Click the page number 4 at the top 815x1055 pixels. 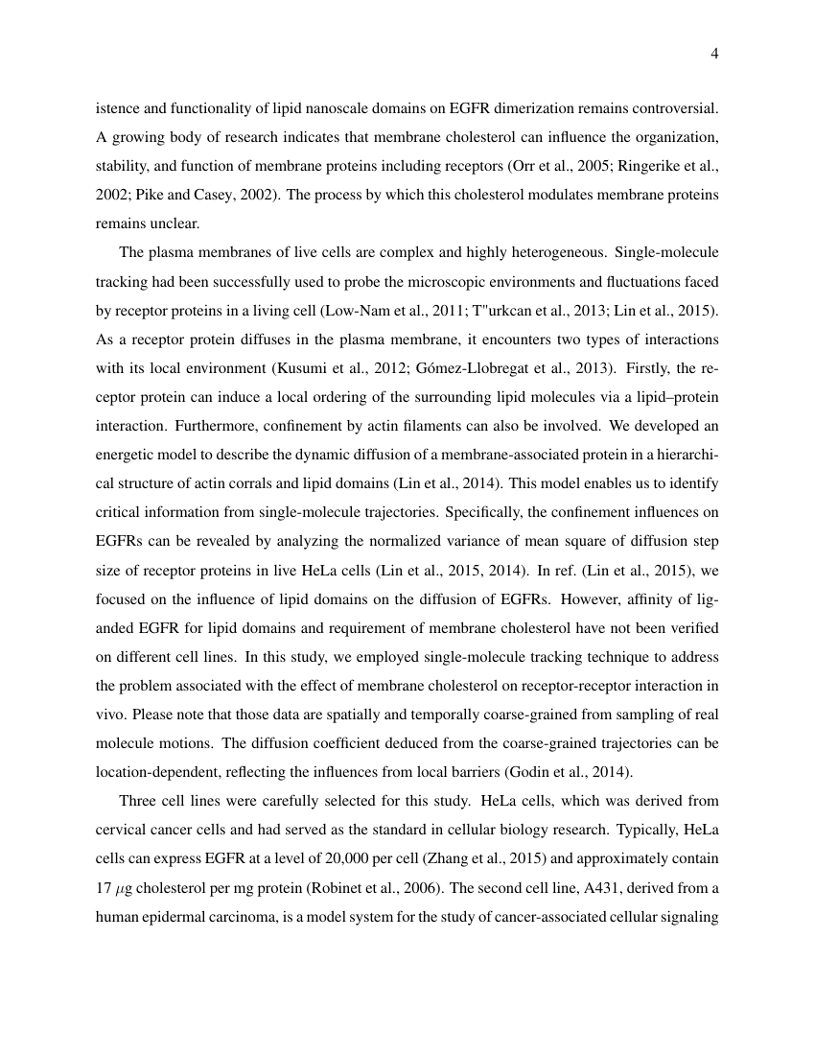(714, 54)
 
